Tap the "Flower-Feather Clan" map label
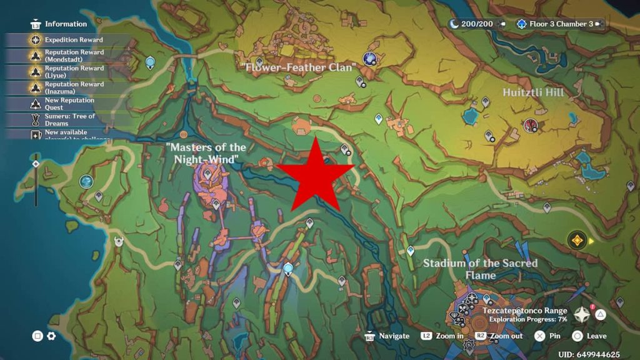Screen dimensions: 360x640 299,67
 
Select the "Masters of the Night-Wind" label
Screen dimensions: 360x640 206,153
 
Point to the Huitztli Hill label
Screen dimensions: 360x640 533,92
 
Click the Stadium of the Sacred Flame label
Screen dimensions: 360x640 480,269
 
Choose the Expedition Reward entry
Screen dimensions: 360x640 73,40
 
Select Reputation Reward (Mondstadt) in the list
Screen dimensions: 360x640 74,56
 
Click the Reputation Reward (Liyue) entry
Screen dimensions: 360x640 74,71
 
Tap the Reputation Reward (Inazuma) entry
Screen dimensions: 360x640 74,87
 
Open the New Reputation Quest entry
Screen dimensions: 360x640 69,104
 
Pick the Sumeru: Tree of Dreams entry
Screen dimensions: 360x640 69,119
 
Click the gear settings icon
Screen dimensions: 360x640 51,336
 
